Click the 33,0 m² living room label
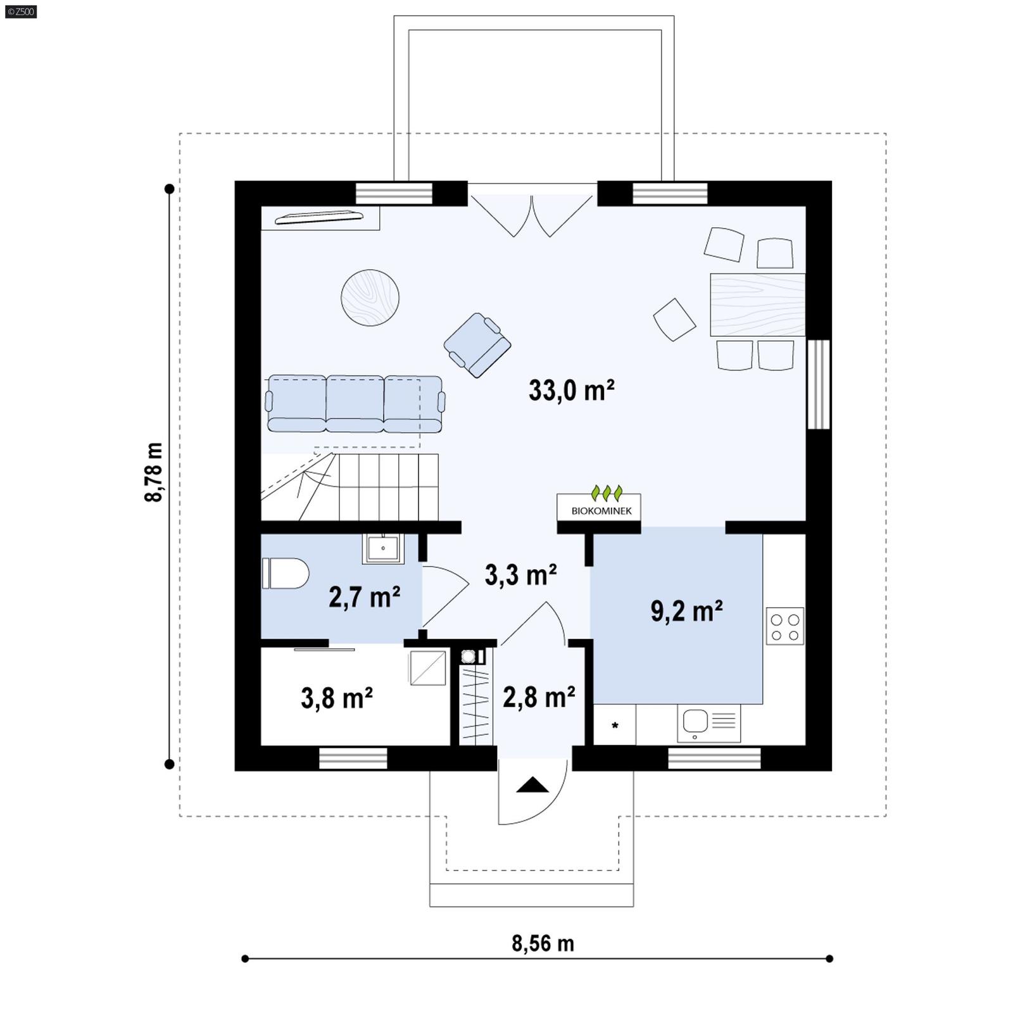[x=571, y=391]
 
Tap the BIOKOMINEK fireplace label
[x=600, y=510]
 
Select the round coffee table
[x=370, y=298]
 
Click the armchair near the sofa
[x=477, y=345]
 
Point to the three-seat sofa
[x=355, y=404]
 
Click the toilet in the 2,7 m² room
[x=285, y=573]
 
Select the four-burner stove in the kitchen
[x=784, y=626]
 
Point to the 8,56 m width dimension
[x=543, y=943]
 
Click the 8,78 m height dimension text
[x=154, y=472]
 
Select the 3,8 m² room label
[x=336, y=698]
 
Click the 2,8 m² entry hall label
[x=539, y=697]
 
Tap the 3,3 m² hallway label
[x=520, y=575]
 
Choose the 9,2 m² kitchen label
[x=686, y=612]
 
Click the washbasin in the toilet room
[x=383, y=548]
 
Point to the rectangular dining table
[x=757, y=305]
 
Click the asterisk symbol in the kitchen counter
[x=615, y=726]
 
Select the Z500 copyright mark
[x=21, y=11]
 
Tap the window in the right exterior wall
[x=819, y=384]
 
